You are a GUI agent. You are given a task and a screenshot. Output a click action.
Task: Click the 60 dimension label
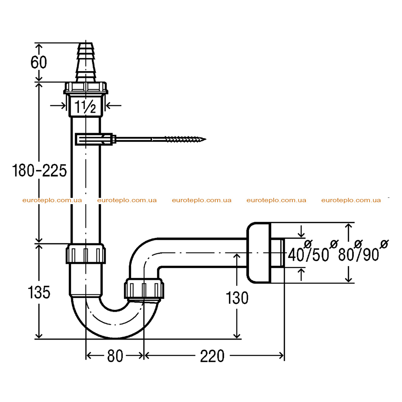pyautogui.click(x=39, y=62)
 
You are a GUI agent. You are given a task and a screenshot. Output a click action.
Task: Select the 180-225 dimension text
pyautogui.click(x=40, y=171)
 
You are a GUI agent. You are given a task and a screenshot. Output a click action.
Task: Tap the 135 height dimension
pyautogui.click(x=39, y=292)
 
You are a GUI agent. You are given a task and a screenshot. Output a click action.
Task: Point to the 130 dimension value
pyautogui.click(x=237, y=298)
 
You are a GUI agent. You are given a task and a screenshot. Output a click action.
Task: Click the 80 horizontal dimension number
pyautogui.click(x=115, y=356)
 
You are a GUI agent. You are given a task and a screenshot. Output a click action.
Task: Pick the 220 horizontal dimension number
pyautogui.click(x=212, y=356)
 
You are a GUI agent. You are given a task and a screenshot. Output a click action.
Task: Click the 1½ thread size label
pyautogui.click(x=85, y=107)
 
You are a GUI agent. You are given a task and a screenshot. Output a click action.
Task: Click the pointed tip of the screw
pyautogui.click(x=206, y=139)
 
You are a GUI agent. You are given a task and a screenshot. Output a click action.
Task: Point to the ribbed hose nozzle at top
pyautogui.click(x=86, y=62)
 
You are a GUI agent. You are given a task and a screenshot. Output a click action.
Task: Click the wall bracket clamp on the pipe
pyautogui.click(x=94, y=139)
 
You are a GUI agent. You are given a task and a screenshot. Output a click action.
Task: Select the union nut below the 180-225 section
pyautogui.click(x=86, y=254)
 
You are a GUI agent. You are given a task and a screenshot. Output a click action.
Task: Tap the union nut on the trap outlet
pyautogui.click(x=144, y=289)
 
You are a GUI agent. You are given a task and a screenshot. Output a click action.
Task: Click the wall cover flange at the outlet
pyautogui.click(x=259, y=253)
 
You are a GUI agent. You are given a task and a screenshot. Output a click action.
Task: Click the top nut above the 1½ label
pyautogui.click(x=86, y=88)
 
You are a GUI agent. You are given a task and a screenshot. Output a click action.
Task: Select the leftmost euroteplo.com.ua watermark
pyautogui.click(x=52, y=200)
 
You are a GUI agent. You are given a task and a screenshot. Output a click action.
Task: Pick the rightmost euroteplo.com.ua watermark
pyautogui.click(x=351, y=200)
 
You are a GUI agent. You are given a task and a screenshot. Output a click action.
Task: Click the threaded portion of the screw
pyautogui.click(x=185, y=139)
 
